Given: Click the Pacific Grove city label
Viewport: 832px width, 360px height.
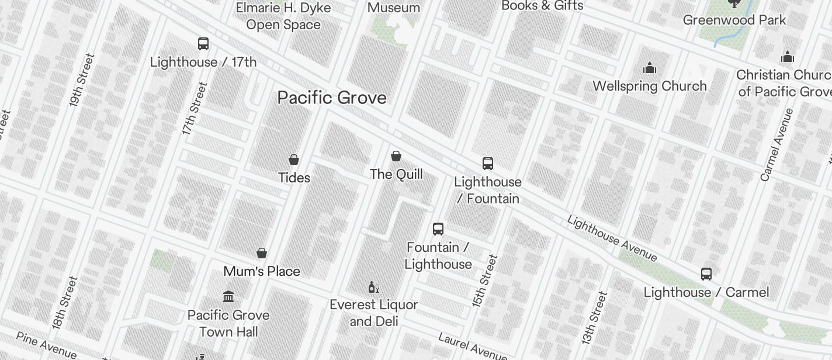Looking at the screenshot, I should click(x=332, y=98).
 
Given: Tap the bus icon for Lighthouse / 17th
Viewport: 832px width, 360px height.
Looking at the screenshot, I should click(x=203, y=44).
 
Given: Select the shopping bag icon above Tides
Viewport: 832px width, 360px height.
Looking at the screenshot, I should click(x=294, y=159).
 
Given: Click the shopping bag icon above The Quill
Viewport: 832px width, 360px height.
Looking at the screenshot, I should click(x=396, y=156).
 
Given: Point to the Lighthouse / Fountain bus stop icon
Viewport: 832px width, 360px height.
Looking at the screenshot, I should click(x=488, y=164).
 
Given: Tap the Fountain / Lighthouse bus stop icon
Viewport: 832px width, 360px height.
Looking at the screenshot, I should click(x=438, y=229).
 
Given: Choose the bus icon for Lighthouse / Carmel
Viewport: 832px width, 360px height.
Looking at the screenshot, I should click(x=706, y=274).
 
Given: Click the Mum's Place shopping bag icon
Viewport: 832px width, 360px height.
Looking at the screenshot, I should click(x=262, y=253).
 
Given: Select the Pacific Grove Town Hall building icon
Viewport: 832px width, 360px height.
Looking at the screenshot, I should click(x=228, y=297).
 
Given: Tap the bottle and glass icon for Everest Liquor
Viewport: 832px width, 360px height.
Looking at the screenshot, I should click(x=374, y=287).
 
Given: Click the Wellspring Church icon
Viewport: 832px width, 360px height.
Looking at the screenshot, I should click(x=650, y=68).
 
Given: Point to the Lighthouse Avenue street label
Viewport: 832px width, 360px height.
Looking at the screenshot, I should click(x=612, y=238).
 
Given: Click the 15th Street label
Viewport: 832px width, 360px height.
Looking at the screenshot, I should click(x=484, y=281).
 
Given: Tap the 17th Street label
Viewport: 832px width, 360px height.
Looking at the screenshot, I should click(x=195, y=109).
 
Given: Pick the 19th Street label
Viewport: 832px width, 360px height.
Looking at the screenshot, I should click(x=82, y=79).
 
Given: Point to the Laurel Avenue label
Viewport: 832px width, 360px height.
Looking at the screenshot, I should click(x=472, y=345).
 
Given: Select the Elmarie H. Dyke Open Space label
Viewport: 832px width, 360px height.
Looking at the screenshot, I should click(x=283, y=16).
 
